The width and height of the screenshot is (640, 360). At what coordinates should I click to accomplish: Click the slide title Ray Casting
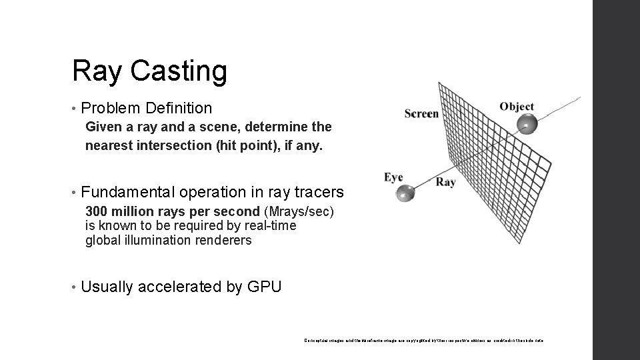coord(150,71)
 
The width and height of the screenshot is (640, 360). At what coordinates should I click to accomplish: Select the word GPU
coord(264,287)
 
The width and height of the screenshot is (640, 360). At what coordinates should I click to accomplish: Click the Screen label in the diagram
coord(421,113)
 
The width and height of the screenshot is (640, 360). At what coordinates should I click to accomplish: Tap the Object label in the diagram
coord(517,107)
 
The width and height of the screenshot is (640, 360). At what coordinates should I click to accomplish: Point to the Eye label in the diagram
coord(393,177)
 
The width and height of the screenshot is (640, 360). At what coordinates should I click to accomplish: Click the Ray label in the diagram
coord(445,181)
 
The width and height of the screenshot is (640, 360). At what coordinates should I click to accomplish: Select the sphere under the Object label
coord(527,124)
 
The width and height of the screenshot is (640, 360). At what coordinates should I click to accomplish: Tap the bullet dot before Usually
coord(74,287)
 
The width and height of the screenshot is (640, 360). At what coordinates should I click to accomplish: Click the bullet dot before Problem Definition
coord(74,108)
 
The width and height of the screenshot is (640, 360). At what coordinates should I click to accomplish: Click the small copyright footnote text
coord(423,340)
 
